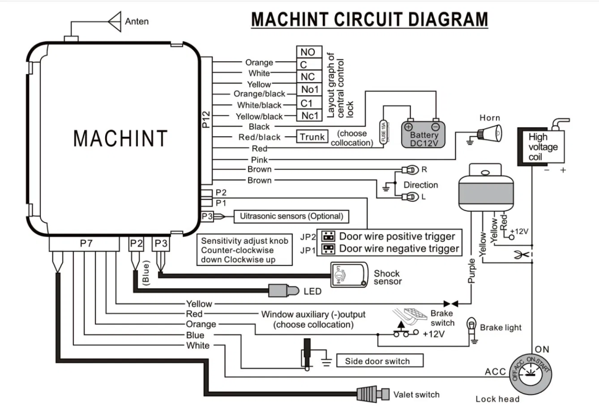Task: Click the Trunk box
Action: (312, 137)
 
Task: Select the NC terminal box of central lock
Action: (308, 77)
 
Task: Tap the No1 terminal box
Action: (309, 90)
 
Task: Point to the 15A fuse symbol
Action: (384, 131)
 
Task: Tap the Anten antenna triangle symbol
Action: (115, 22)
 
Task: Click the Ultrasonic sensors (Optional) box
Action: (291, 216)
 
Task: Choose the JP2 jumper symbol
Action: (329, 237)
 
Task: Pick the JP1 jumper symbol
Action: (329, 249)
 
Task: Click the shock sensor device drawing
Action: (349, 275)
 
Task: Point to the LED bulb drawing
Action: (285, 291)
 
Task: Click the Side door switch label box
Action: (377, 361)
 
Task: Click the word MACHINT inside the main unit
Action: (120, 138)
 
